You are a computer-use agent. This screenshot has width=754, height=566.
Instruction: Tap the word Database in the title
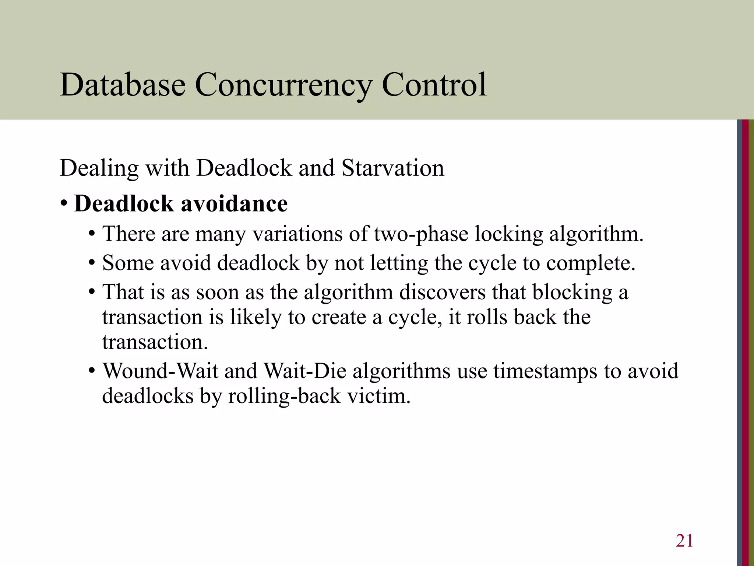click(123, 85)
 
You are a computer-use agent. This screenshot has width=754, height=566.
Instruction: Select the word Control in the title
click(434, 85)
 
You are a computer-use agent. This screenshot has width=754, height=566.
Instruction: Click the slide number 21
click(684, 541)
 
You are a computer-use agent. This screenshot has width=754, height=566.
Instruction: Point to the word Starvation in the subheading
click(393, 168)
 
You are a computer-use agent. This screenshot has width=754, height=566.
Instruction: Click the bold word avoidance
click(235, 204)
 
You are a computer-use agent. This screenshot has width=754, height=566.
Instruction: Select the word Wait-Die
click(305, 371)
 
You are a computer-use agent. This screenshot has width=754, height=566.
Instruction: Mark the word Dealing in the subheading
click(99, 168)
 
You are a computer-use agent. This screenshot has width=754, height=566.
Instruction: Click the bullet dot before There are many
click(92, 234)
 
